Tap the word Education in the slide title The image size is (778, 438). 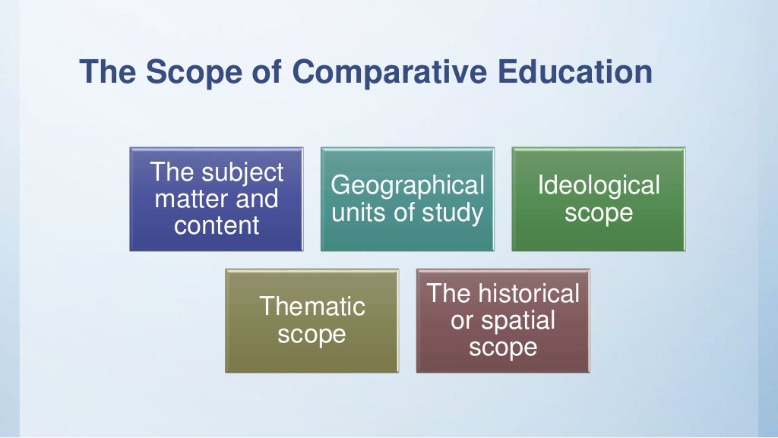575,73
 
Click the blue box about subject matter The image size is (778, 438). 217,199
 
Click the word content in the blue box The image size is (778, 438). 217,225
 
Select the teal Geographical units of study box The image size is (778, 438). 407,199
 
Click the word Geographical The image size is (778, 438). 407,185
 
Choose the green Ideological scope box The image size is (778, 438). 599,199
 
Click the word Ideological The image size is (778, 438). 599,185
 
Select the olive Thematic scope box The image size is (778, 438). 312,320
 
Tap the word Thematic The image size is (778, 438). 312,307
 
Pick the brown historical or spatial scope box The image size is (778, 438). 503,320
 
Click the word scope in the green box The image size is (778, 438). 599,213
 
